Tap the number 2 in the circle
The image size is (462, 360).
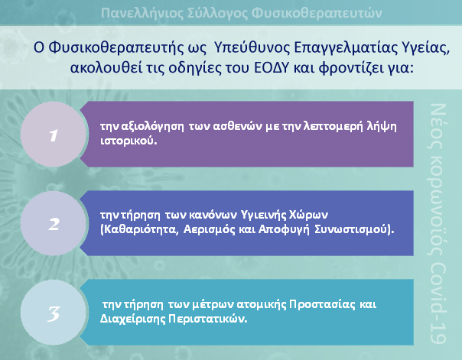pyautogui.click(x=54, y=224)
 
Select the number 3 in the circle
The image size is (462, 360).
pyautogui.click(x=54, y=314)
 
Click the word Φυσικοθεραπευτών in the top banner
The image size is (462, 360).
pyautogui.click(x=317, y=13)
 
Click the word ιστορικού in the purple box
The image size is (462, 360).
pyautogui.click(x=129, y=141)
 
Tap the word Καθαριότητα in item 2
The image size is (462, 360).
pyautogui.click(x=141, y=229)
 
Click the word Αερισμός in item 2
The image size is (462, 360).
pyautogui.click(x=209, y=229)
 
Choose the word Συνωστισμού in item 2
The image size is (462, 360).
pyautogui.click(x=350, y=229)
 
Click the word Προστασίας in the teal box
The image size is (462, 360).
pyautogui.click(x=322, y=304)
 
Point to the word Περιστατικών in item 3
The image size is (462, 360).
pyautogui.click(x=207, y=319)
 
